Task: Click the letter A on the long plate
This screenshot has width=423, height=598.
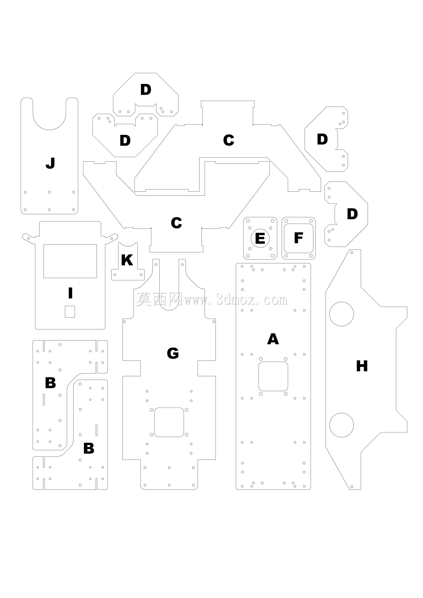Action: coord(273,339)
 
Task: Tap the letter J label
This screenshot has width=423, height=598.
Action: coord(50,163)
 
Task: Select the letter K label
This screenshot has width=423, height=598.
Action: coord(127,260)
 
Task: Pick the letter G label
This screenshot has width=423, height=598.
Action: coord(173,353)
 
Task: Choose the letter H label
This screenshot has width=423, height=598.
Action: coord(362,366)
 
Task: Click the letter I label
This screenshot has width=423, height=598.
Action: coord(70,293)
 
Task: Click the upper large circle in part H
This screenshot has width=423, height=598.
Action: coord(341,314)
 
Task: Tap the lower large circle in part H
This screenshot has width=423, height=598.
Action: coord(341,425)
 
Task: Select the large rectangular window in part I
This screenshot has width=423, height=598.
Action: coord(70,261)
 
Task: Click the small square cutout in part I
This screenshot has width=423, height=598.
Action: coord(70,312)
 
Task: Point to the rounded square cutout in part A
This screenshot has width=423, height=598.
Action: coord(273,376)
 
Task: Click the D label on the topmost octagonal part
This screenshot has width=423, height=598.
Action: coord(146,90)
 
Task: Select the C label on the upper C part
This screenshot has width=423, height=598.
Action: coord(229,140)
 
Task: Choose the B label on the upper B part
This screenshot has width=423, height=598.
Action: coord(50,383)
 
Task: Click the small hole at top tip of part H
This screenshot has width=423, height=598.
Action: coord(352,252)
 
